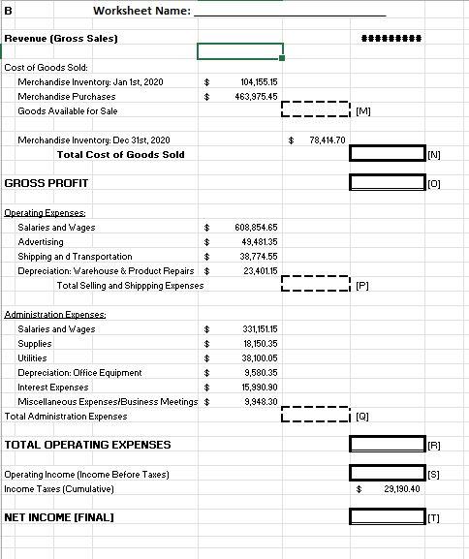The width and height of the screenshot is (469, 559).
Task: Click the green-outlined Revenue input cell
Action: (x=240, y=50)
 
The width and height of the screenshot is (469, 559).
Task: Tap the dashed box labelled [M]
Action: (x=315, y=110)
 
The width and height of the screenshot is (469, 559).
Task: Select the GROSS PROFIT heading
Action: (x=47, y=183)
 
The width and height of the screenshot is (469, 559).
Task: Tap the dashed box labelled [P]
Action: (x=315, y=285)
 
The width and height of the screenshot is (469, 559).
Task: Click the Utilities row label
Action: (x=32, y=358)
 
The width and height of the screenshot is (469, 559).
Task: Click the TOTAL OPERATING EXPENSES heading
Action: (x=87, y=445)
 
